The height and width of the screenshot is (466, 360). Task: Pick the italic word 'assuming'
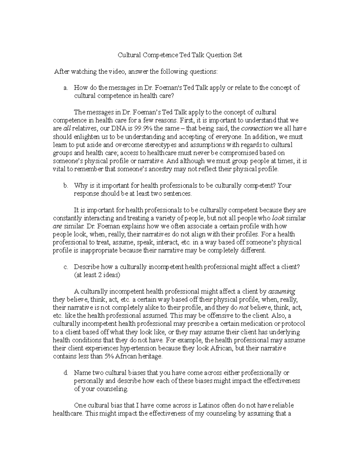281,291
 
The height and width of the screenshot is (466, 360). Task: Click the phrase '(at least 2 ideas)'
97,275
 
